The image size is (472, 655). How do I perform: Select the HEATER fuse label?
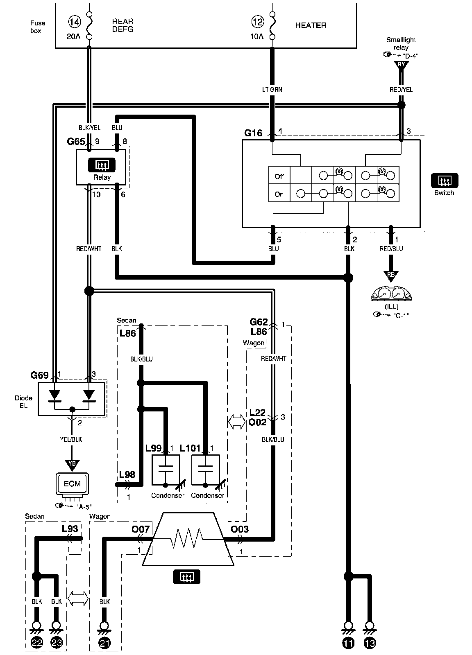311,25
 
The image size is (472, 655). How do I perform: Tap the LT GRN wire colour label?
272,90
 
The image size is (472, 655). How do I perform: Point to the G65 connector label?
76,142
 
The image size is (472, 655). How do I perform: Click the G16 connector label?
254,133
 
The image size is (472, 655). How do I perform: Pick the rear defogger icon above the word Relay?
102,165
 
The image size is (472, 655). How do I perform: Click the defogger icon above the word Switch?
444,180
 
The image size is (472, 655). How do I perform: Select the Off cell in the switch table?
279,176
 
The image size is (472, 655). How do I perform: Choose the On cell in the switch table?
279,194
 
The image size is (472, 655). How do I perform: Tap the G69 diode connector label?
39,375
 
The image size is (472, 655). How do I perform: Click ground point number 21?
104,643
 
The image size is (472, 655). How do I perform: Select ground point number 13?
370,643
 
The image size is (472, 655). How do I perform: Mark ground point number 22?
37,643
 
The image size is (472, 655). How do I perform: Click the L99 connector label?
154,448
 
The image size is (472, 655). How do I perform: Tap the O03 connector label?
240,529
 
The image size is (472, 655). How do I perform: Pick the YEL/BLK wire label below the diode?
71,439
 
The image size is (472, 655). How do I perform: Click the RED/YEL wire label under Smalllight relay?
401,90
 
